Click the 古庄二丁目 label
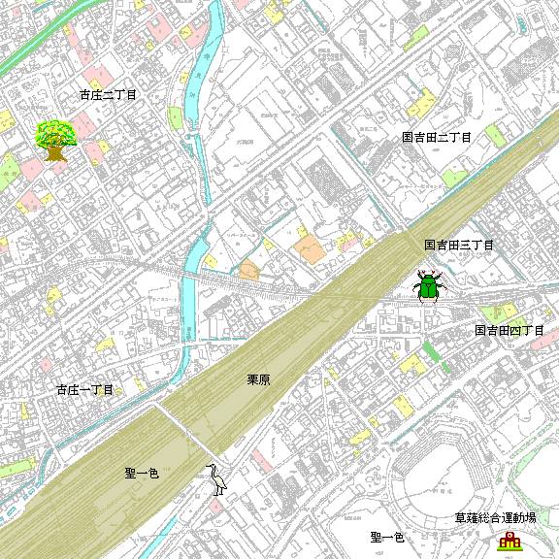[109, 95]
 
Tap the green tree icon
[56, 140]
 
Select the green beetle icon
[428, 286]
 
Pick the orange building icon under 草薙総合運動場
[508, 541]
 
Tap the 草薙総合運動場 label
[495, 519]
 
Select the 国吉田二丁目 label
[437, 138]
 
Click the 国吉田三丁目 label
[459, 246]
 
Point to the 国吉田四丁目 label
[510, 331]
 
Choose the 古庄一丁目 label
[85, 389]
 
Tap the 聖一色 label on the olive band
[142, 473]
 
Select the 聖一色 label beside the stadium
[387, 537]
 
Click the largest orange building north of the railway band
[312, 247]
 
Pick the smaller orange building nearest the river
[249, 269]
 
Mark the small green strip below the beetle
[431, 350]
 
